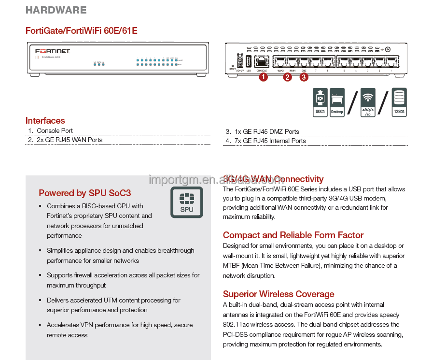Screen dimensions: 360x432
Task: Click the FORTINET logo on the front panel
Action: pyautogui.click(x=53, y=51)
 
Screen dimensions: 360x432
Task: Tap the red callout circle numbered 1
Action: pyautogui.click(x=263, y=76)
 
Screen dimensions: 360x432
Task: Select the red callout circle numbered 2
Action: pyautogui.click(x=288, y=76)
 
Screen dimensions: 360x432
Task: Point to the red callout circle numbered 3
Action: pyautogui.click(x=304, y=76)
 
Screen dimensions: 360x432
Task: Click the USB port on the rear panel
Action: pyautogui.click(x=249, y=61)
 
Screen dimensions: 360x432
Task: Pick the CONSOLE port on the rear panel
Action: pyautogui.click(x=262, y=62)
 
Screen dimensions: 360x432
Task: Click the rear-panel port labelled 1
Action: pyautogui.click(x=390, y=62)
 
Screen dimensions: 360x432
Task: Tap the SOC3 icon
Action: pyautogui.click(x=320, y=102)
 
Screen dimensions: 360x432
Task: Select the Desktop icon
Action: pyautogui.click(x=337, y=102)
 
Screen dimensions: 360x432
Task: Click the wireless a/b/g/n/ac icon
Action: pyautogui.click(x=368, y=102)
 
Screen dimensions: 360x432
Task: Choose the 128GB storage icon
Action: pyautogui.click(x=399, y=102)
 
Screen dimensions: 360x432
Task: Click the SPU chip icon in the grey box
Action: pyautogui.click(x=186, y=202)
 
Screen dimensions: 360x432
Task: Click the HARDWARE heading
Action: pyautogui.click(x=56, y=10)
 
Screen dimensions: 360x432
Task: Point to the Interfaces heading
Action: pyautogui.click(x=45, y=121)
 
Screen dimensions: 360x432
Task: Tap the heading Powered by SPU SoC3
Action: pyautogui.click(x=85, y=193)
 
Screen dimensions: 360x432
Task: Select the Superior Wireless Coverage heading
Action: pyautogui.click(x=279, y=294)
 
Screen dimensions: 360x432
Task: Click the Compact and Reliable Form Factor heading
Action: pyautogui.click(x=293, y=235)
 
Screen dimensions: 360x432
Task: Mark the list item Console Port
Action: pyautogui.click(x=55, y=131)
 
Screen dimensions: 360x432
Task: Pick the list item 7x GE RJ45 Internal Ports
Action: pyautogui.click(x=270, y=141)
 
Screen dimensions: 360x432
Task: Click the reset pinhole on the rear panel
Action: pyautogui.click(x=233, y=65)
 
